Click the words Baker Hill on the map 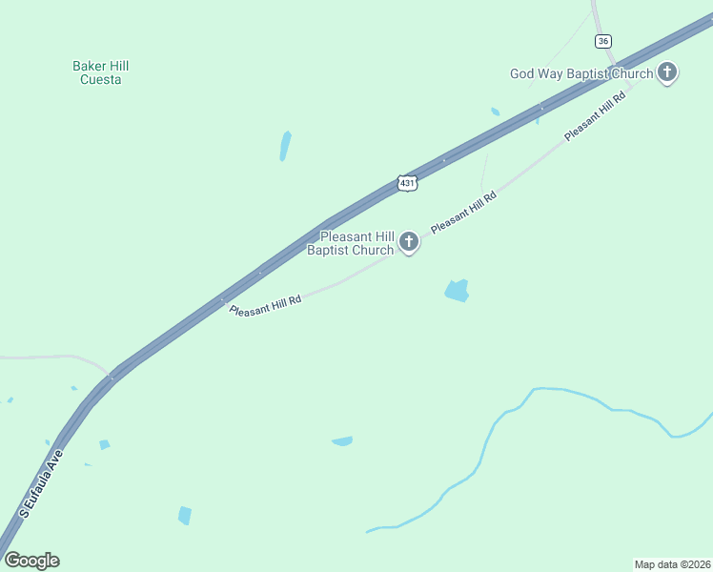tap(100, 66)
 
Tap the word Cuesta tap(100, 80)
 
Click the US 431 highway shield tap(407, 182)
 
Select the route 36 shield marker tap(602, 41)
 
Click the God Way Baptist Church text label tap(581, 73)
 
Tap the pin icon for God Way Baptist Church tap(668, 72)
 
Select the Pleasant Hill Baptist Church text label tap(350, 243)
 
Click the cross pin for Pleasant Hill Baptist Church tap(409, 242)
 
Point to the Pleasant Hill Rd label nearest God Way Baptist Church tap(595, 115)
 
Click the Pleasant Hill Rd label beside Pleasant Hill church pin tap(463, 214)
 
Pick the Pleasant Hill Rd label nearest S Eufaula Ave tap(266, 305)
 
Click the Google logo tap(31, 561)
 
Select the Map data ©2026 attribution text tap(672, 563)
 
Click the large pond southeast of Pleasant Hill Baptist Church tap(458, 291)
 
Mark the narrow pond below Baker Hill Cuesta tap(285, 146)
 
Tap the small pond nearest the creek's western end tap(342, 440)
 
